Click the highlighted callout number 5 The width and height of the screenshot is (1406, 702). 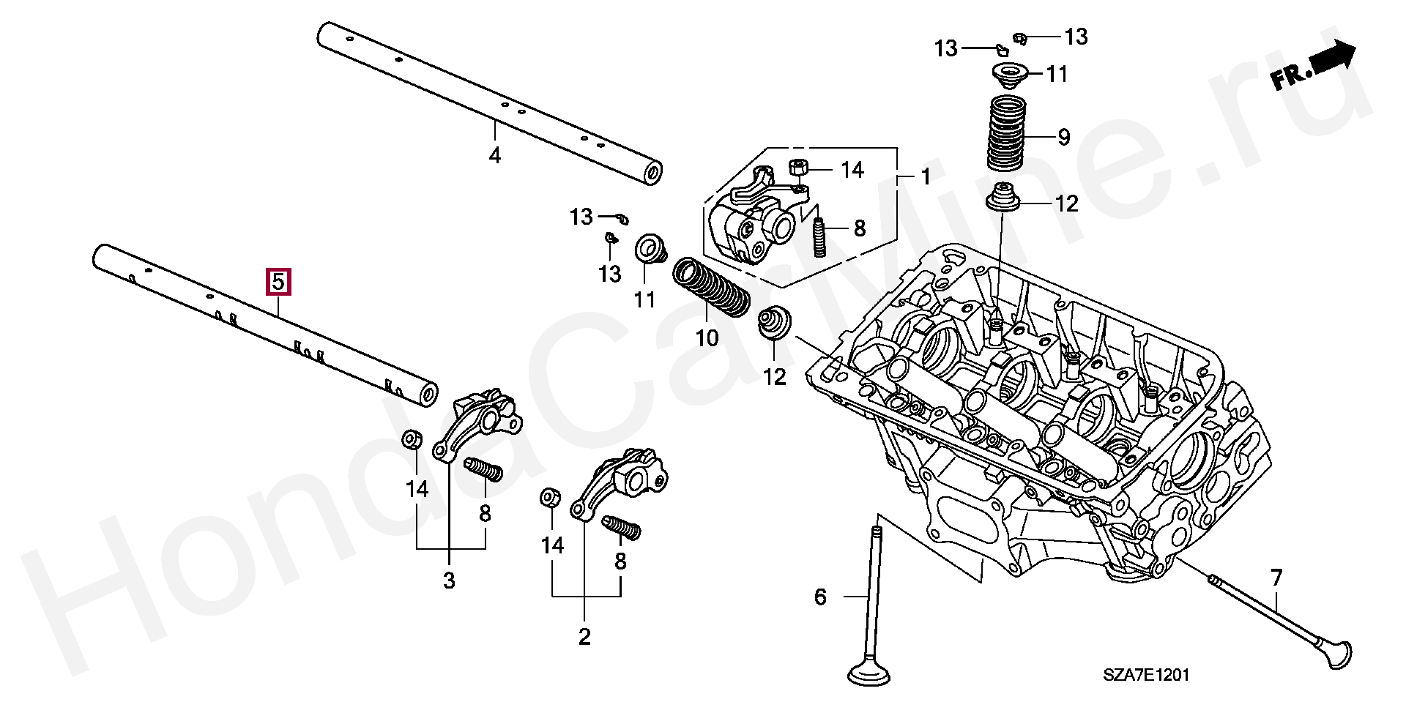pyautogui.click(x=279, y=282)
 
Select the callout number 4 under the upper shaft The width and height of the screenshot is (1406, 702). pyautogui.click(x=495, y=155)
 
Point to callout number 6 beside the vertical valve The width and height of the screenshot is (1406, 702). pyautogui.click(x=820, y=597)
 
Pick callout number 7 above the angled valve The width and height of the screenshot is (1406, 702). pyautogui.click(x=1276, y=578)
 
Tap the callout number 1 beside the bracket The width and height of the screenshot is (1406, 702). pyautogui.click(x=926, y=177)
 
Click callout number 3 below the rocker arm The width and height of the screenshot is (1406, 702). pyautogui.click(x=449, y=581)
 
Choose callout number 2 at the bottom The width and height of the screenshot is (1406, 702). pyautogui.click(x=584, y=636)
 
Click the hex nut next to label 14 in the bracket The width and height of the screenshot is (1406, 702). pyautogui.click(x=798, y=168)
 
